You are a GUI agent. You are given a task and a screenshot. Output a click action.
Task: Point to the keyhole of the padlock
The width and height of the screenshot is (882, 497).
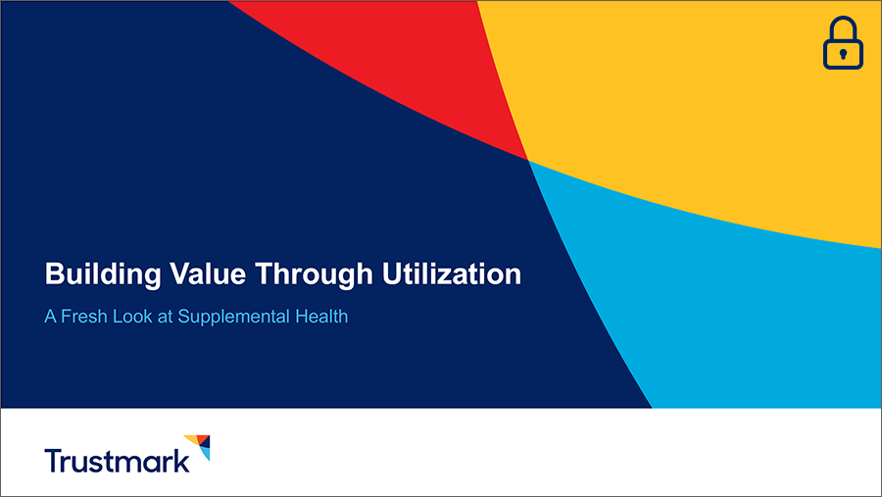tap(843, 53)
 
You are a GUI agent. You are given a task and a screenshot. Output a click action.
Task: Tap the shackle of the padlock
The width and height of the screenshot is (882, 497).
tap(843, 27)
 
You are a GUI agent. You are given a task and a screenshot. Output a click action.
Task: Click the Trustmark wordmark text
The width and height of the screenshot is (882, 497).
tap(117, 460)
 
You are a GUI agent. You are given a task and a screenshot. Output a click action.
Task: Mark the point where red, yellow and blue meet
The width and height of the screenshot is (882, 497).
tap(527, 160)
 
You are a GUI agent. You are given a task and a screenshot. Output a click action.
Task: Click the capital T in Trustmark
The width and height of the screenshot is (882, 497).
tap(53, 460)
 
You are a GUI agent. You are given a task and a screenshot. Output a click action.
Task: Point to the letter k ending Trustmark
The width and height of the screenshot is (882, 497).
tap(181, 460)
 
